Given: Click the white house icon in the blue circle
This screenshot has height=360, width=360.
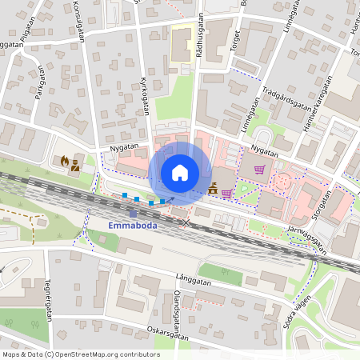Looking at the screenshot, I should click(180, 172).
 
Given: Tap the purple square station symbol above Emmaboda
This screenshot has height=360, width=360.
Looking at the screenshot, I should click(133, 214).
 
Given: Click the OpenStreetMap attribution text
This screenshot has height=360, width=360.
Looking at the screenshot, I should click(80, 354).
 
